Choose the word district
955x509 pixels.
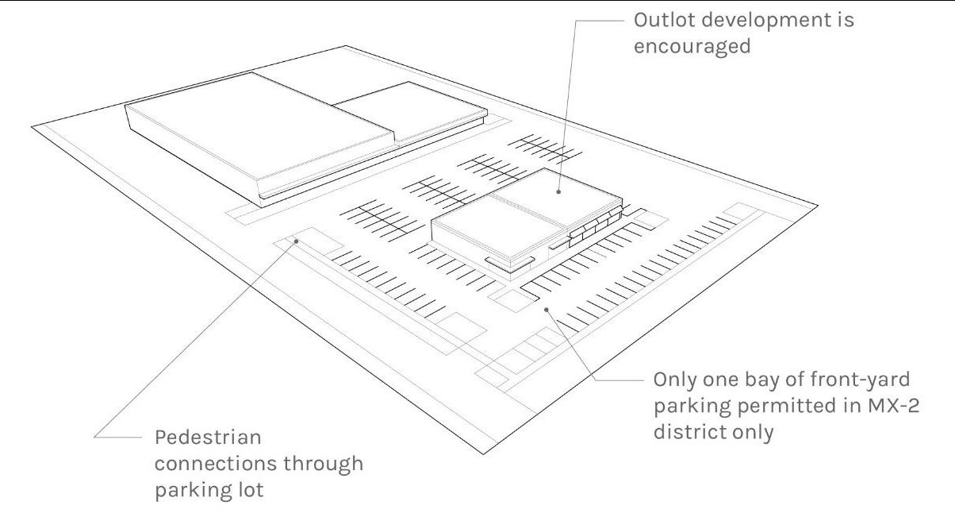pyautogui.click(x=687, y=436)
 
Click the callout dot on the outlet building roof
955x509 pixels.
pyautogui.click(x=557, y=191)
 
